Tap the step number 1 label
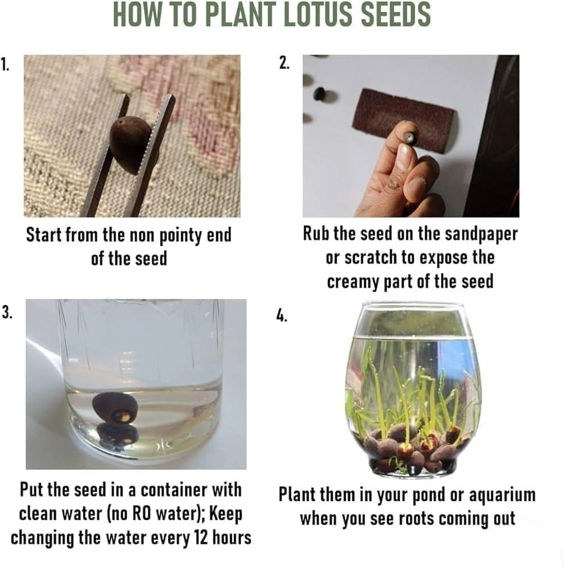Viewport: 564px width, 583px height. (5, 65)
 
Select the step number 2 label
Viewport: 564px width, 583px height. (284, 63)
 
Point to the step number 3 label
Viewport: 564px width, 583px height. (7, 312)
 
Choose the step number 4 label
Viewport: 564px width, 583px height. (281, 315)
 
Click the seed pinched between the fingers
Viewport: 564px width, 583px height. (409, 138)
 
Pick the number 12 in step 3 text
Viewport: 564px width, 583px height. (201, 537)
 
